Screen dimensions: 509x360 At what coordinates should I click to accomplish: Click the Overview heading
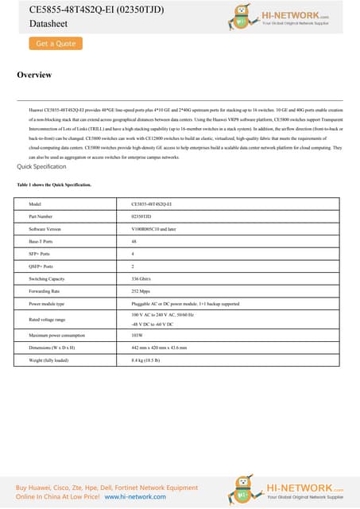coord(34,76)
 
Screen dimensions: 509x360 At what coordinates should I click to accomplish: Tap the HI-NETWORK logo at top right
coord(289,16)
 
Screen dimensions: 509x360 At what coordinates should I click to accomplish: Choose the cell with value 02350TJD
coord(142,216)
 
